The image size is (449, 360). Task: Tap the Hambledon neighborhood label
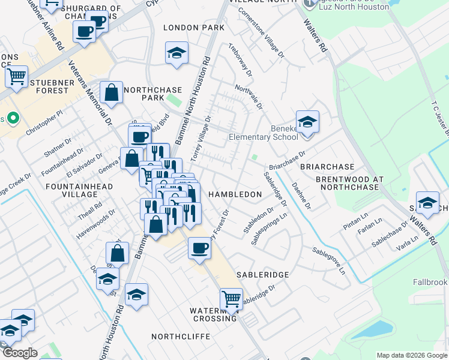point(235,194)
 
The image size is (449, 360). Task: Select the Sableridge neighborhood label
point(263,274)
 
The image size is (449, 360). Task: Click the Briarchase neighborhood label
point(327,166)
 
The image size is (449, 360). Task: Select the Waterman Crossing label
point(214,314)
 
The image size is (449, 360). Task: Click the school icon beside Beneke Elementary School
point(307,122)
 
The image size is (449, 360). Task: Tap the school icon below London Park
point(176,53)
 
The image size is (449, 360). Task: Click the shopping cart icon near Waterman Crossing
point(231,298)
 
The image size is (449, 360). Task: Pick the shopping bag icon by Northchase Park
point(112,93)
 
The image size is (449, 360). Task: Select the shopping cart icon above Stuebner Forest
point(17,76)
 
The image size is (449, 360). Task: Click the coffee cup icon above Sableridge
point(199,247)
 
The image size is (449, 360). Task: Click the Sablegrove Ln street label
point(329,260)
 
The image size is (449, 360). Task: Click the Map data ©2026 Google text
point(411,355)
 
